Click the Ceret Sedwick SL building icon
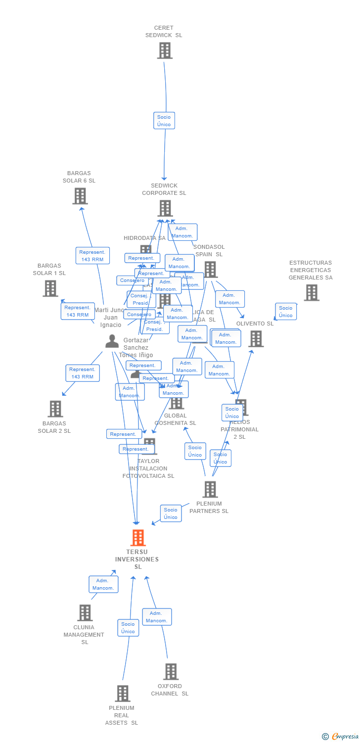tap(165, 50)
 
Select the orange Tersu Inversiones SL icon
tap(138, 538)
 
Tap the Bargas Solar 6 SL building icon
tap(80, 196)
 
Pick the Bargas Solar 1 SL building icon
tap(50, 288)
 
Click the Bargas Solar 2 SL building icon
tap(55, 409)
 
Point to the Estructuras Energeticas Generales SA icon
tap(312, 292)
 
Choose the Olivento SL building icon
tap(256, 339)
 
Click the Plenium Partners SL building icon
tap(210, 489)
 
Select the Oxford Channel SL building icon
tap(171, 671)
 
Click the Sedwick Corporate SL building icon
tap(165, 208)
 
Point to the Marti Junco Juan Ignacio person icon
tap(112, 341)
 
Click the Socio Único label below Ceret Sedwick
tap(164, 121)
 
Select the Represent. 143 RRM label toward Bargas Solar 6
tap(92, 256)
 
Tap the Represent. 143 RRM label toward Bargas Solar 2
tap(83, 373)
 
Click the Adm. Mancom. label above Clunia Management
tap(103, 584)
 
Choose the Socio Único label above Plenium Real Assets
tap(128, 628)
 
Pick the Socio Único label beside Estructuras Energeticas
tap(286, 312)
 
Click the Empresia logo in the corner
tap(340, 737)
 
